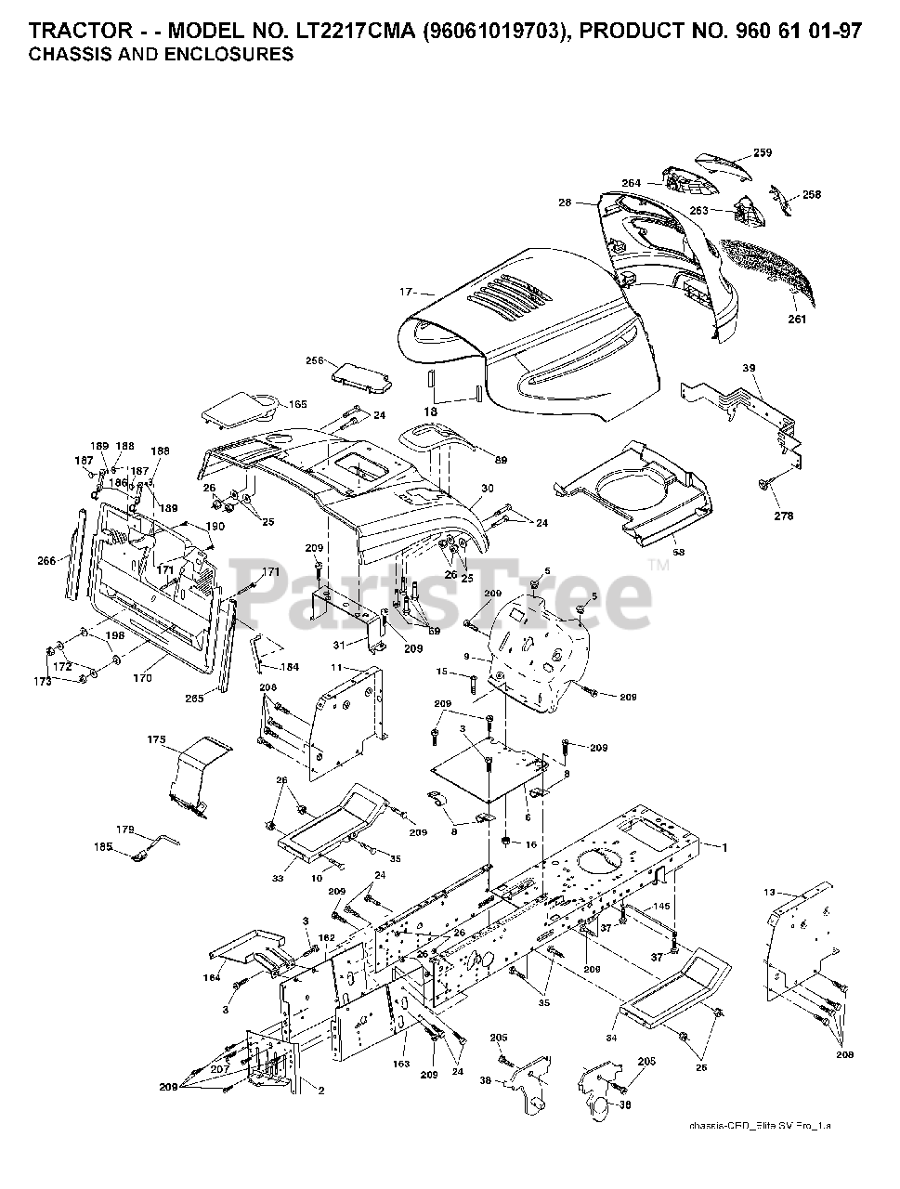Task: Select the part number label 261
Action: pos(797,320)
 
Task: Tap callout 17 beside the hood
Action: pos(406,292)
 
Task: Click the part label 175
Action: pos(156,739)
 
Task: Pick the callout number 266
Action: pos(47,560)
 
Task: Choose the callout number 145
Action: pos(661,906)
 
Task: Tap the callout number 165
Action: pos(271,404)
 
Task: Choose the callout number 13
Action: pos(768,892)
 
